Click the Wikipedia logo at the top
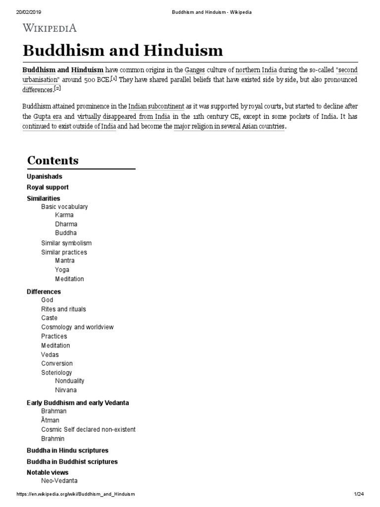49,29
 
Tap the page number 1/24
359,494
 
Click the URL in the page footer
76,494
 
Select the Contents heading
52,160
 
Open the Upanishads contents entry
44,176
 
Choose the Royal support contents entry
47,187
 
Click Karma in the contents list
64,215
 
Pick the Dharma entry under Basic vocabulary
66,224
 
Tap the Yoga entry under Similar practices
62,270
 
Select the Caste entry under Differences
49,318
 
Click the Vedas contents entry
49,355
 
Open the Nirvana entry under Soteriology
66,390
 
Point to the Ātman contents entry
50,420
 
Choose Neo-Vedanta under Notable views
59,481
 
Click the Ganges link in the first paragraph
194,70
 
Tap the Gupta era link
47,117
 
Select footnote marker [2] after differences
57,89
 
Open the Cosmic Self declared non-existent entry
88,429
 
